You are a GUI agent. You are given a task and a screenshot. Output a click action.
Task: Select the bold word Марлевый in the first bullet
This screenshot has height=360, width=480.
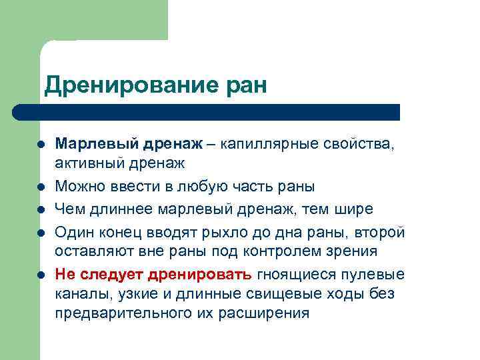[96, 144]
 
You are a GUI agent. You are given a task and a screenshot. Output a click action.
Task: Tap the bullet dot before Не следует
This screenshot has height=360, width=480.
[42, 274]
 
